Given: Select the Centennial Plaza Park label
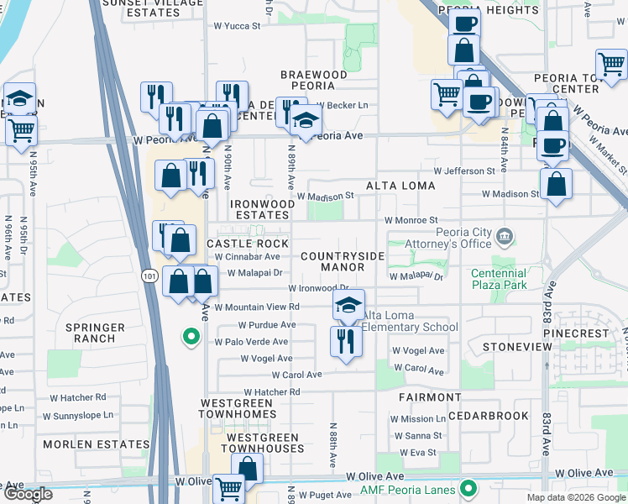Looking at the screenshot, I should pyautogui.click(x=499, y=279).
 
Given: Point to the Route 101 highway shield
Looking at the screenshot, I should pyautogui.click(x=148, y=276).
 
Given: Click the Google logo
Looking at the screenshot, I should pyautogui.click(x=27, y=494).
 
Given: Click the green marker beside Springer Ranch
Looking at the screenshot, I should pyautogui.click(x=191, y=338).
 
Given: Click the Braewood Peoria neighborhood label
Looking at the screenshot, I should pyautogui.click(x=314, y=81).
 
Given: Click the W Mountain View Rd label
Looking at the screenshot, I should pyautogui.click(x=256, y=307).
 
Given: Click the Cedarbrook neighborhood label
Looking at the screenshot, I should pyautogui.click(x=489, y=416).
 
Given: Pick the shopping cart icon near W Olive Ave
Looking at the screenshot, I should pyautogui.click(x=228, y=489).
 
